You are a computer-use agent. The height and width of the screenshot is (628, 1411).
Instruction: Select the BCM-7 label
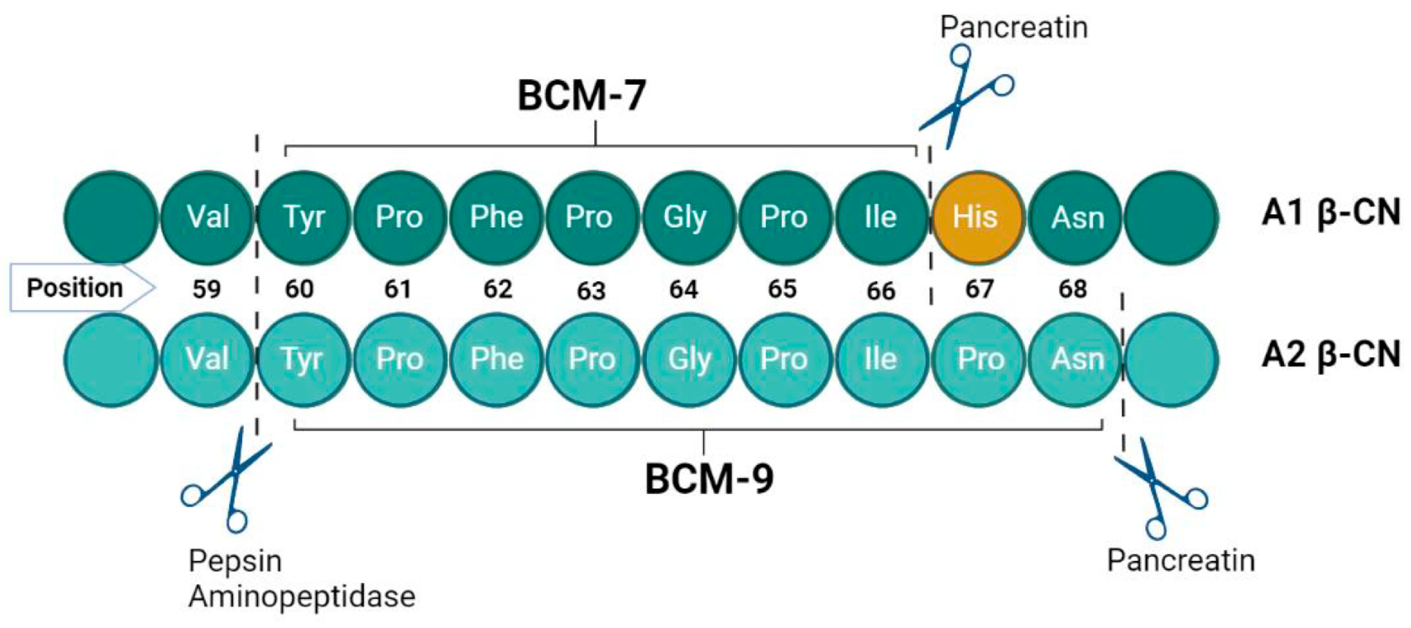581,95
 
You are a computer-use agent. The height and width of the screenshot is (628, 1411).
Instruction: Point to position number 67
979,289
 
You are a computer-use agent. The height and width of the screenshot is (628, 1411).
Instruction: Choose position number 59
206,289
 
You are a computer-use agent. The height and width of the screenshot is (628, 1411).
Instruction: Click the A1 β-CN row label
1331,213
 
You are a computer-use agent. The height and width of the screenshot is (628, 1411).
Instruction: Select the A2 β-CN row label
1331,355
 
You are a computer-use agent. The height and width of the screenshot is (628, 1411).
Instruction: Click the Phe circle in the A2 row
496,359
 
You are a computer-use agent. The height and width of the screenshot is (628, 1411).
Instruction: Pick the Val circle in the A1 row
207,217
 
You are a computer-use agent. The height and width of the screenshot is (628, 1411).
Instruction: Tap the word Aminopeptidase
302,597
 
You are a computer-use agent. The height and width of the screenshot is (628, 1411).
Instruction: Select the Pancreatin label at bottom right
1181,561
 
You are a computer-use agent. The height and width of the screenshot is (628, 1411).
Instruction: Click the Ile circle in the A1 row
881,217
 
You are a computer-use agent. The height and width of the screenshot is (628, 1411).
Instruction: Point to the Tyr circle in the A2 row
303,359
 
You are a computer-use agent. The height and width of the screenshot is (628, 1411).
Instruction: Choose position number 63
591,290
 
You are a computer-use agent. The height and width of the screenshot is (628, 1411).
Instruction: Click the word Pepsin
235,561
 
